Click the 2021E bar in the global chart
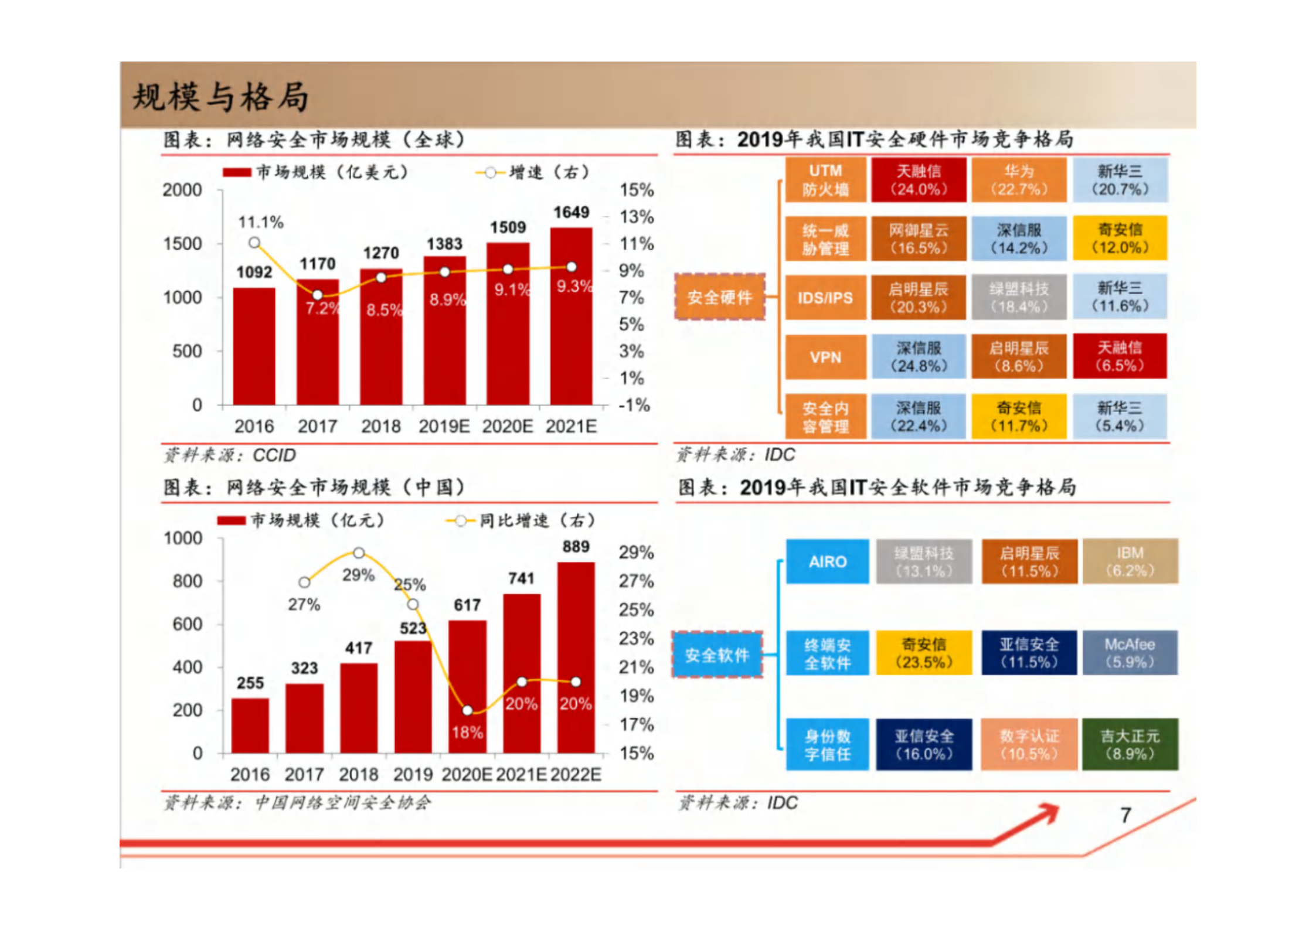[570, 316]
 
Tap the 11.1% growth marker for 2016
[254, 243]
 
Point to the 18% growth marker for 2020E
[467, 711]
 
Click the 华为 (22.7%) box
[1019, 180]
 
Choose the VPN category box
[825, 357]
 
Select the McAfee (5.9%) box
[1130, 653]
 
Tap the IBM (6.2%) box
[1130, 561]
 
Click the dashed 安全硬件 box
[720, 297]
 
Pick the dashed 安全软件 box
[717, 655]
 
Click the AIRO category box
[827, 561]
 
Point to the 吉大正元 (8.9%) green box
[1130, 744]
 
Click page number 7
[1125, 815]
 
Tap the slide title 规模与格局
[220, 97]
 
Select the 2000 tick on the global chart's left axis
[182, 190]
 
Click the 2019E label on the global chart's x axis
[444, 426]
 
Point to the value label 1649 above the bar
[571, 212]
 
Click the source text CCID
[274, 455]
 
